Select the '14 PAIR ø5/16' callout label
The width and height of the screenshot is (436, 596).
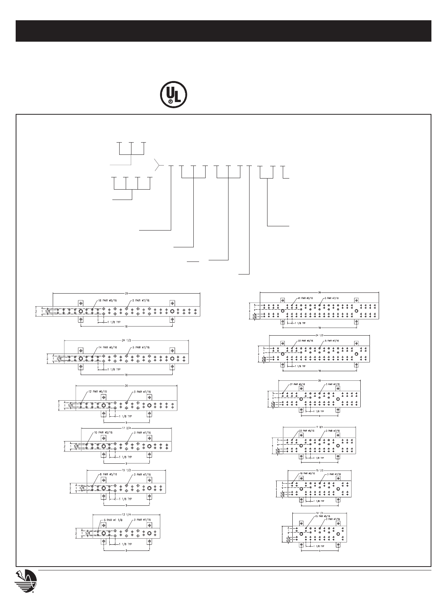(105, 347)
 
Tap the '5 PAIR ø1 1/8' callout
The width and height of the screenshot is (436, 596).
(113, 520)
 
